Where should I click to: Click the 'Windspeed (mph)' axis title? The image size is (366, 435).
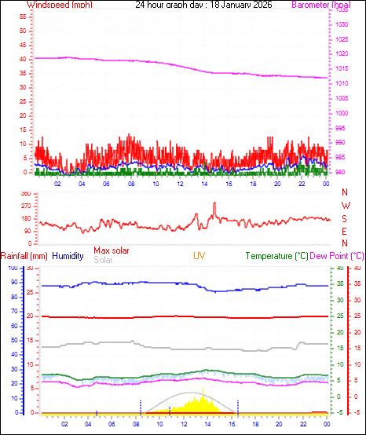pos(58,5)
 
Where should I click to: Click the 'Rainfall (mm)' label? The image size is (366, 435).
pos(24,256)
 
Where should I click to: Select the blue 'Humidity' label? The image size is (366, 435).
pos(68,256)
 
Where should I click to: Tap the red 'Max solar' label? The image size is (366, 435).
pos(112,250)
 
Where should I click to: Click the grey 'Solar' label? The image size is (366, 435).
pos(103,259)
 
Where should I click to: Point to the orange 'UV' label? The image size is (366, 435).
pos(199,256)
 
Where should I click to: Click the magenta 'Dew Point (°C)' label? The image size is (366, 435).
pos(337,256)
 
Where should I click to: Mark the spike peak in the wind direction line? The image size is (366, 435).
pos(214,203)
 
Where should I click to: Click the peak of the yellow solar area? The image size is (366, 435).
pos(203,387)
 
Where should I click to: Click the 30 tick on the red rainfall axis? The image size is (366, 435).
pos(30,269)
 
